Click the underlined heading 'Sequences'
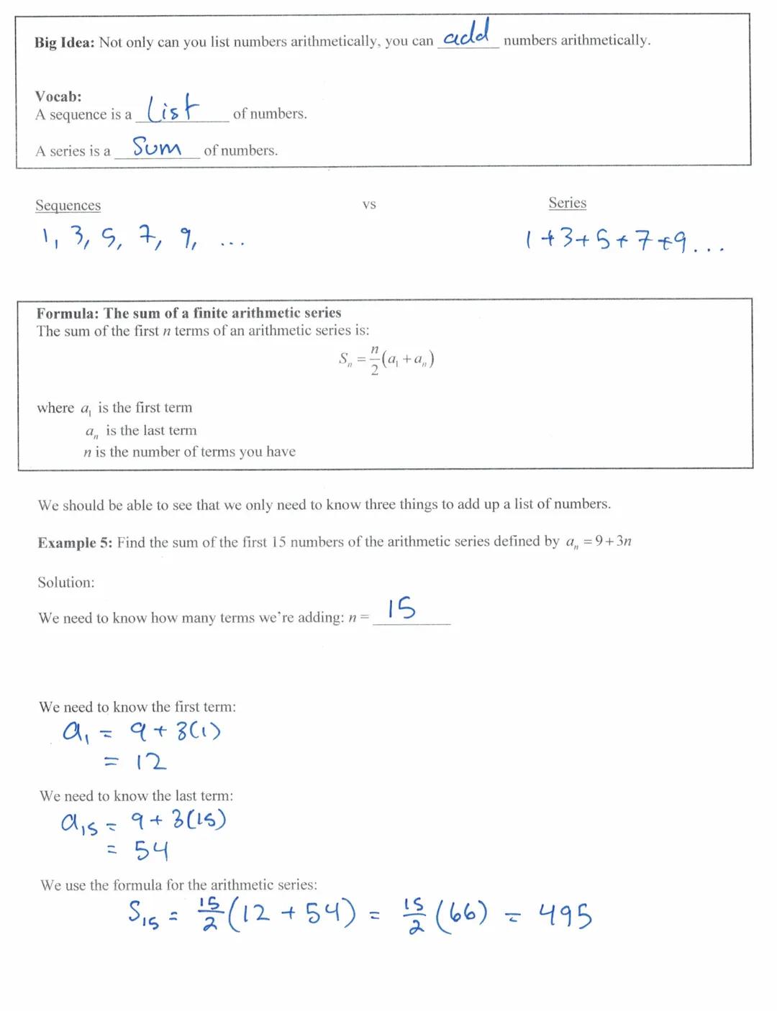(x=68, y=206)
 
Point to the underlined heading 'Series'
(x=567, y=203)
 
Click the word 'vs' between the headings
(x=369, y=205)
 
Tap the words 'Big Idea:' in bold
(x=64, y=42)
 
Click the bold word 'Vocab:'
(x=58, y=96)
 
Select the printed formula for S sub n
(x=386, y=359)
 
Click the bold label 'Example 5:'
(x=75, y=543)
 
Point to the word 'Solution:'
(x=66, y=582)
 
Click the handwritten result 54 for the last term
(x=151, y=851)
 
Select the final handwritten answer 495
(x=565, y=916)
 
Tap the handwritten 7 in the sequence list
(x=149, y=235)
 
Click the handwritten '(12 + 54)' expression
(x=292, y=915)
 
